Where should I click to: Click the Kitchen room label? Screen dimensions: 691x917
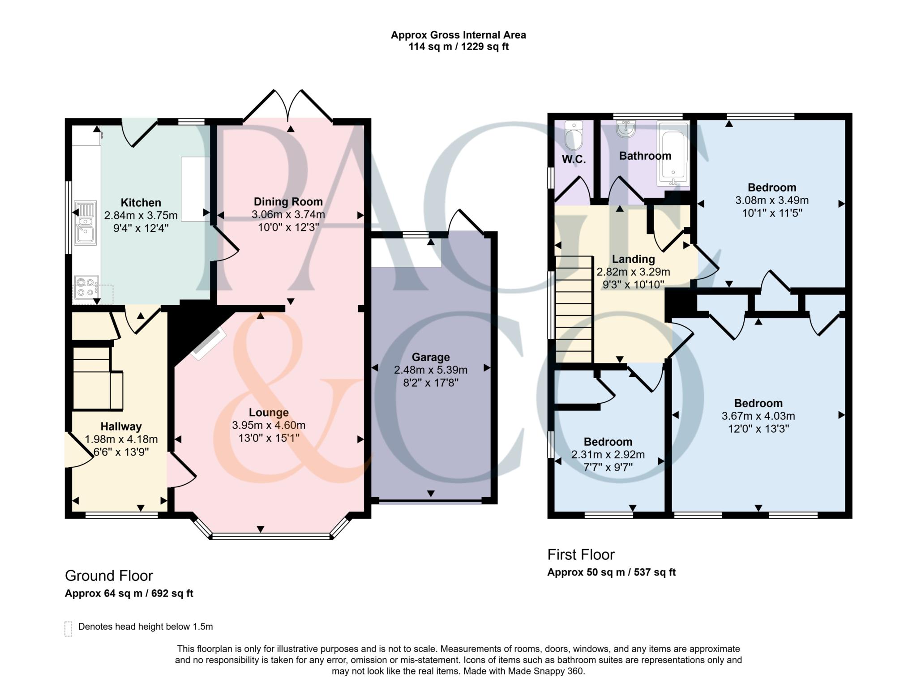[x=141, y=203]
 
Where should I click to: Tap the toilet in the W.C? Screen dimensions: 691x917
[x=574, y=136]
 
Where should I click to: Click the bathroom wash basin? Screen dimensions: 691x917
[x=626, y=128]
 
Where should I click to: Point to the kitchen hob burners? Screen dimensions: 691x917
[x=86, y=287]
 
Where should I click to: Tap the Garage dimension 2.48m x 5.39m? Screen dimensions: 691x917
[x=430, y=370]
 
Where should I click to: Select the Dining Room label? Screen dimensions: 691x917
[x=288, y=201]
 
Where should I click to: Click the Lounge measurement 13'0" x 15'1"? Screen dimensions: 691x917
[x=269, y=438]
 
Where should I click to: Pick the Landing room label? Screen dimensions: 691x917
[x=633, y=259]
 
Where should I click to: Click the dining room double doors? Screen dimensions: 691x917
[x=288, y=106]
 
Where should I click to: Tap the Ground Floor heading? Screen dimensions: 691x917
[x=109, y=576]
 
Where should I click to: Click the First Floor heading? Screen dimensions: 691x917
[x=581, y=555]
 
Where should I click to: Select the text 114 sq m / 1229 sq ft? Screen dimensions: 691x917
[x=458, y=47]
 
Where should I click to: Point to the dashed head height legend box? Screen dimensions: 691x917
[x=68, y=628]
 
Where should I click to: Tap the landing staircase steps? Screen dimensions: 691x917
[x=574, y=309]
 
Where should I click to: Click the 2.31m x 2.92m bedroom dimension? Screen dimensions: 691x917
[x=608, y=455]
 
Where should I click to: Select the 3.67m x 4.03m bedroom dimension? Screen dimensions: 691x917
[x=758, y=416]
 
